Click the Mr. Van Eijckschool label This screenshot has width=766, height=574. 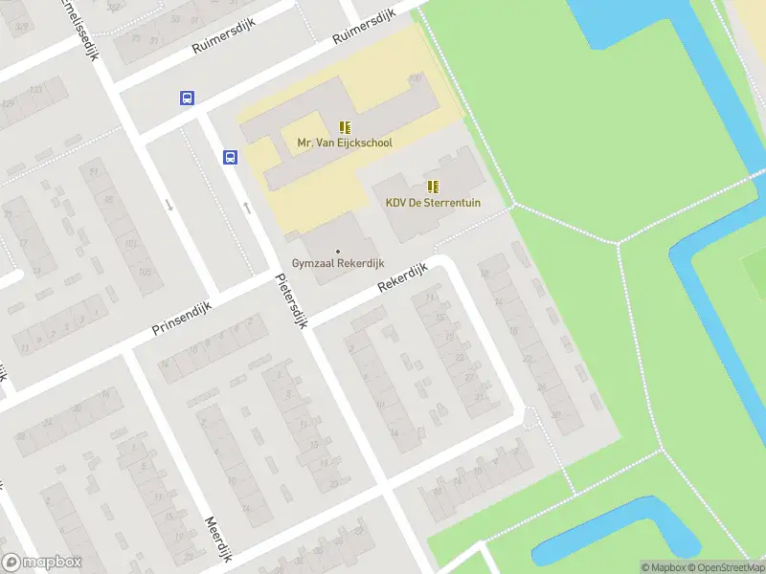point(345,143)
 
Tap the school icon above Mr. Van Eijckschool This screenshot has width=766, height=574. point(345,127)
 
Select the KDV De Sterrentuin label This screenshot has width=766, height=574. point(433,203)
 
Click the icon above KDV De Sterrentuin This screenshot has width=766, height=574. point(433,187)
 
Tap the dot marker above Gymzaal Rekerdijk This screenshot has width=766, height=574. point(337,251)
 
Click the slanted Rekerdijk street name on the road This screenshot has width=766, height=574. point(399,278)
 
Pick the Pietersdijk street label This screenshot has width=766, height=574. point(290,299)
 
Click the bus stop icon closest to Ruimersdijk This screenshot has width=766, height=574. point(187,98)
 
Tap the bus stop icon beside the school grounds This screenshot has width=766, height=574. point(231,158)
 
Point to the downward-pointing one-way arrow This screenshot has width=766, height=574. point(169,204)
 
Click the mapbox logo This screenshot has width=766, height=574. point(42,563)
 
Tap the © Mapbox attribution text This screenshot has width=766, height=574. point(663,567)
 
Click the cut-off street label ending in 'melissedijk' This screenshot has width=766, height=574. point(82,27)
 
